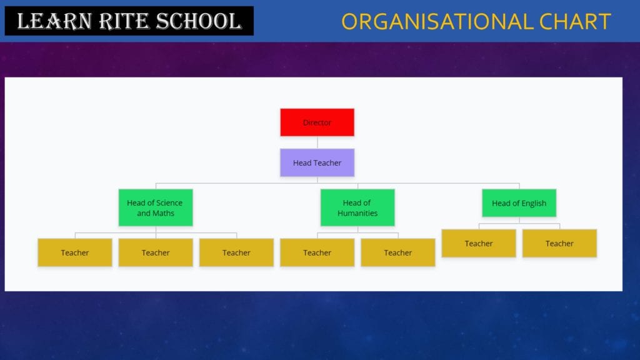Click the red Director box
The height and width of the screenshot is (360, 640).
(317, 122)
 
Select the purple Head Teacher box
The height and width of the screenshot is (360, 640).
(317, 162)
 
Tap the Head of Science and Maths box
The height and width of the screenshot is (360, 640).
(156, 207)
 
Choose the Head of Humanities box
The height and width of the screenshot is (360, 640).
(357, 207)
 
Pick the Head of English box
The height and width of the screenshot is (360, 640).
(519, 203)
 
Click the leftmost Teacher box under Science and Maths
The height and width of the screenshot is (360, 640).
(75, 252)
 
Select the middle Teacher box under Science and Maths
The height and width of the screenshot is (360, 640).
(156, 252)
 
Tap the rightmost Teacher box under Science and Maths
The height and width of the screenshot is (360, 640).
(236, 252)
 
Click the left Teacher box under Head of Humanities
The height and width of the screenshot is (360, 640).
(317, 252)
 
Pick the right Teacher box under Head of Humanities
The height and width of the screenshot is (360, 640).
(398, 252)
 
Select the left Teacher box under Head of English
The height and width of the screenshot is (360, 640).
(479, 243)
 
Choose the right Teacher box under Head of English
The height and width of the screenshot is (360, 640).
(559, 243)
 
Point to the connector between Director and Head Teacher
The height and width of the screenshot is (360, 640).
(317, 142)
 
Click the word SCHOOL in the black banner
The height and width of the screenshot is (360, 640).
(199, 21)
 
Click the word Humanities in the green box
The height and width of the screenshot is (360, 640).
(357, 213)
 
